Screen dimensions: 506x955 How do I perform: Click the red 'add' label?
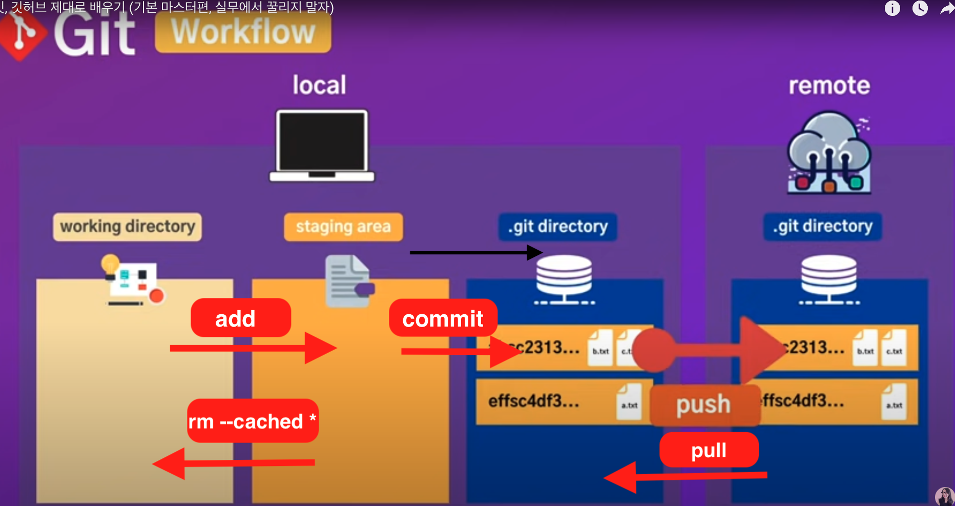pos(240,318)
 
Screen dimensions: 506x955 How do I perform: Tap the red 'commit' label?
pos(443,318)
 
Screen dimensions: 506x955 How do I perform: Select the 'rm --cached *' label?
pos(253,421)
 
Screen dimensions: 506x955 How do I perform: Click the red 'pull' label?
pos(709,450)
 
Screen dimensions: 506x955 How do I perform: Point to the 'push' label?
pos(704,404)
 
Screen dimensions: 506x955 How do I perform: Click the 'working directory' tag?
pos(128,227)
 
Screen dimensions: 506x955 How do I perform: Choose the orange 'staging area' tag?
pos(343,227)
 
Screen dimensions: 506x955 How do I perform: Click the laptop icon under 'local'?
pos(322,145)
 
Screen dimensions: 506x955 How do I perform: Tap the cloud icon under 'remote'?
pos(828,152)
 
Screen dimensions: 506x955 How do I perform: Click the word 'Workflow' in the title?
pos(243,32)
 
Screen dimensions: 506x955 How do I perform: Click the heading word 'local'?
pos(319,85)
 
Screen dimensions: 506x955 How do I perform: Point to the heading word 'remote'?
pos(829,86)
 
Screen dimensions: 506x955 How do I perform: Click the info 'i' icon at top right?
pos(892,9)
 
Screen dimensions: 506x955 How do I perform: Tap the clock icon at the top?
pos(920,9)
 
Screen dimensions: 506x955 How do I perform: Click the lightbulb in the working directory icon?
pos(110,265)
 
